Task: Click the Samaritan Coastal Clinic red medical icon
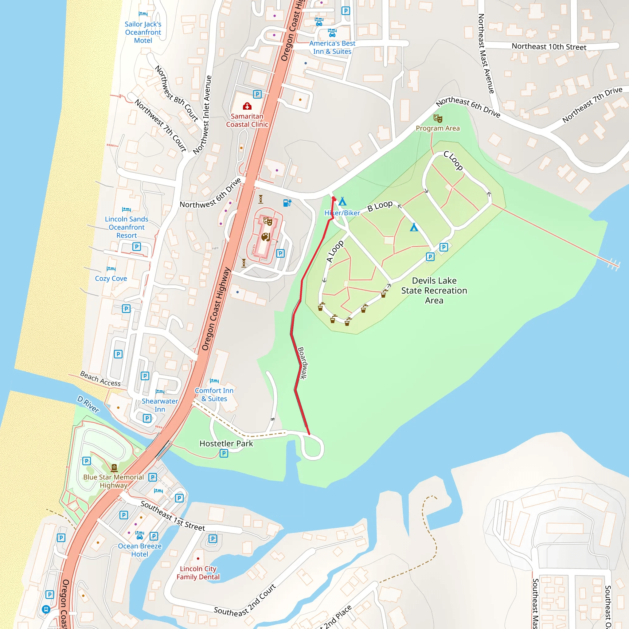pyautogui.click(x=247, y=106)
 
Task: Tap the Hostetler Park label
pyautogui.click(x=226, y=443)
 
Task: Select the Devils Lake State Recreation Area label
pyautogui.click(x=434, y=291)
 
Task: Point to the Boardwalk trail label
pyautogui.click(x=303, y=363)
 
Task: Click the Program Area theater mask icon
pyautogui.click(x=438, y=119)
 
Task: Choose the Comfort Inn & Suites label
pyautogui.click(x=214, y=395)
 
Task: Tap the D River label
pyautogui.click(x=88, y=404)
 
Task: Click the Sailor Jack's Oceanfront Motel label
pyautogui.click(x=143, y=32)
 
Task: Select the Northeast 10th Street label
pyautogui.click(x=549, y=47)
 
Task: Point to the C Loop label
pyautogui.click(x=453, y=161)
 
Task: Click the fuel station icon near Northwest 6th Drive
pyautogui.click(x=287, y=203)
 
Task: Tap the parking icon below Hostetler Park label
pyautogui.click(x=224, y=453)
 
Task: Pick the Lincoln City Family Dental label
pyautogui.click(x=198, y=573)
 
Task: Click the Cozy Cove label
pyautogui.click(x=111, y=278)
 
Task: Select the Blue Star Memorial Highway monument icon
pyautogui.click(x=114, y=468)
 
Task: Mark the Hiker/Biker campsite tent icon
pyautogui.click(x=342, y=201)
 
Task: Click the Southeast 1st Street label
pyautogui.click(x=173, y=516)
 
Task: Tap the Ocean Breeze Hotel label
pyautogui.click(x=140, y=550)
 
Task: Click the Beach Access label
pyautogui.click(x=100, y=379)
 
